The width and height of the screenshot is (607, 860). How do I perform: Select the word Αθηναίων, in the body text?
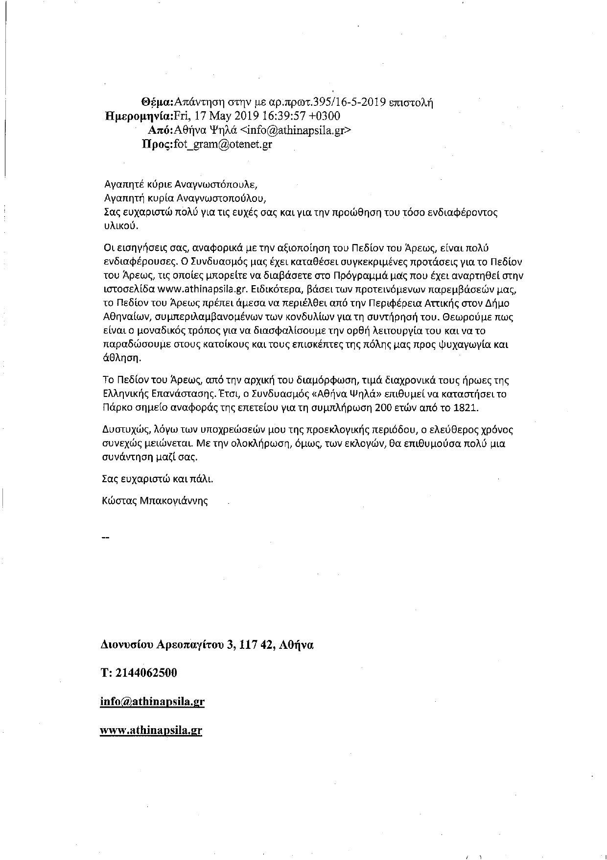coord(128,317)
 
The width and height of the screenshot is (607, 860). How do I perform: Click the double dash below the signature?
coord(104,538)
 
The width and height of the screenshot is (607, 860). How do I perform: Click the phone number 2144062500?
coord(146,673)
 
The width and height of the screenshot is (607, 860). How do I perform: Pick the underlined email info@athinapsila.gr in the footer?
coord(152,701)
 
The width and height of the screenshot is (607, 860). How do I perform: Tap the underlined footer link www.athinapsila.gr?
coord(151,730)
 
